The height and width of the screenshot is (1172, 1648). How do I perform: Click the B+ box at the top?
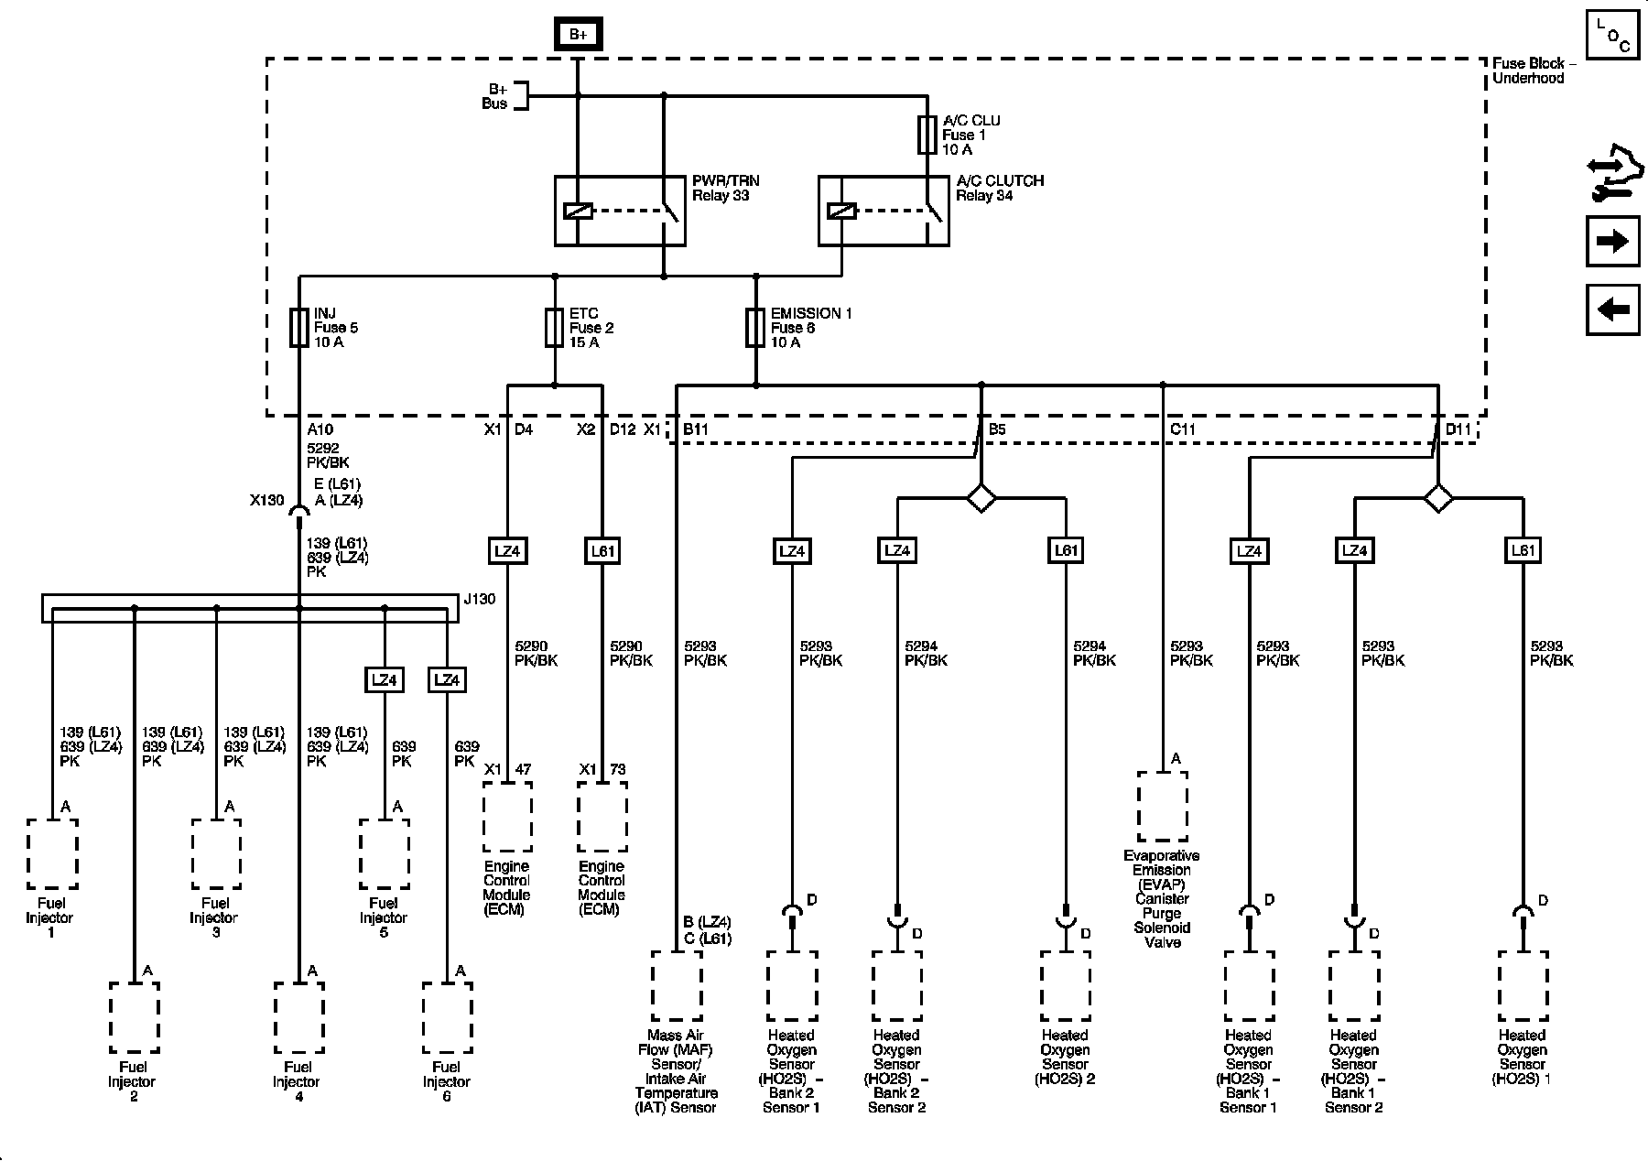coord(578,35)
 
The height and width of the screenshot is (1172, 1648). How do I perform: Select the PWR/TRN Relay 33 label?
coord(726,188)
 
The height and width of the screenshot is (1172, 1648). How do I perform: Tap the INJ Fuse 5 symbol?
coord(298,328)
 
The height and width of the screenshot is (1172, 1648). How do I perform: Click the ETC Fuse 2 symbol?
coord(554,328)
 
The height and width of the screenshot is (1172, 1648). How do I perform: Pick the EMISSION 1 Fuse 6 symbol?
coord(755,328)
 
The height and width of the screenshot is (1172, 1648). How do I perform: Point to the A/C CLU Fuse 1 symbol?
coord(927,135)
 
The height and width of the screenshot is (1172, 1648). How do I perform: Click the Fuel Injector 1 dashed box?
coord(52,853)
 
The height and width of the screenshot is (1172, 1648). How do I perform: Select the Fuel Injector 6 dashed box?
coord(447,1017)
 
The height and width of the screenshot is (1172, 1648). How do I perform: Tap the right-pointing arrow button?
coord(1612,241)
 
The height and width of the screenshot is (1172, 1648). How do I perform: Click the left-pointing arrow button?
coord(1612,309)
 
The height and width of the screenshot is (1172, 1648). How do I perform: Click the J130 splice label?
coord(479,600)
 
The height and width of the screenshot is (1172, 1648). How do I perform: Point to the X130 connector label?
coord(267,501)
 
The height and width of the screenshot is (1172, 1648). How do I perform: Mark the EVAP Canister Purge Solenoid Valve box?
coord(1163,806)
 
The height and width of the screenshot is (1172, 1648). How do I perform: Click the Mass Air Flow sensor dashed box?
coord(678,985)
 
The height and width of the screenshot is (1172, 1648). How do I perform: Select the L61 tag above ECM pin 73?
coord(602,551)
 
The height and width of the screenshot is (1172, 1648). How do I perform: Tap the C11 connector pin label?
coord(1183,429)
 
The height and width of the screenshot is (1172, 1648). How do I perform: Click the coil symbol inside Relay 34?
coord(841,211)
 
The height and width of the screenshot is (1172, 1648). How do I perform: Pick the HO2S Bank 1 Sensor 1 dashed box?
coord(1249,985)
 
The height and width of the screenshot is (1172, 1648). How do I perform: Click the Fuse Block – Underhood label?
coord(1534,71)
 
